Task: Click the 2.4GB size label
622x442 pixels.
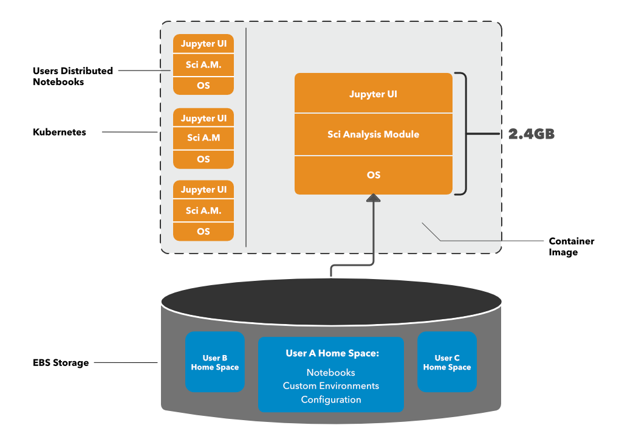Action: click(x=531, y=134)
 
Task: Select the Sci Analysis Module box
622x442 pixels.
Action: click(x=374, y=134)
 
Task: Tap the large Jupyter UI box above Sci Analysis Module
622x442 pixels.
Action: click(x=374, y=94)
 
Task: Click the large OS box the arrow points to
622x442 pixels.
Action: click(x=374, y=175)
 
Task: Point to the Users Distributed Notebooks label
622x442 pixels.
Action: click(x=72, y=76)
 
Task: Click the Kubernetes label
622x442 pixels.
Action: click(x=60, y=132)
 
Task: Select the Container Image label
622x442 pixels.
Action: click(x=571, y=246)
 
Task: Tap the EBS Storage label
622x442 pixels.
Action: click(x=61, y=363)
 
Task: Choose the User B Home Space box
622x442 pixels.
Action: click(x=215, y=362)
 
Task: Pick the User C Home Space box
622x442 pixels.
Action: click(x=447, y=362)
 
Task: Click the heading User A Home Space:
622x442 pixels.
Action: click(x=332, y=353)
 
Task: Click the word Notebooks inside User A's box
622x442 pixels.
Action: click(x=331, y=372)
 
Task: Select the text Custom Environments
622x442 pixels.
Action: click(x=331, y=386)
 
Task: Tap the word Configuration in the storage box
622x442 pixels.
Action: click(x=331, y=399)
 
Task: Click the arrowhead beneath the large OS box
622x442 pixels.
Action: click(x=374, y=198)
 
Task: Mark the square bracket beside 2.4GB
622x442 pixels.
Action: click(x=463, y=134)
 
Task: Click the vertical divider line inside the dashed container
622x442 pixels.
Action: click(x=246, y=137)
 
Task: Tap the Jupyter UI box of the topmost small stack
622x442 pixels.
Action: click(x=203, y=44)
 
